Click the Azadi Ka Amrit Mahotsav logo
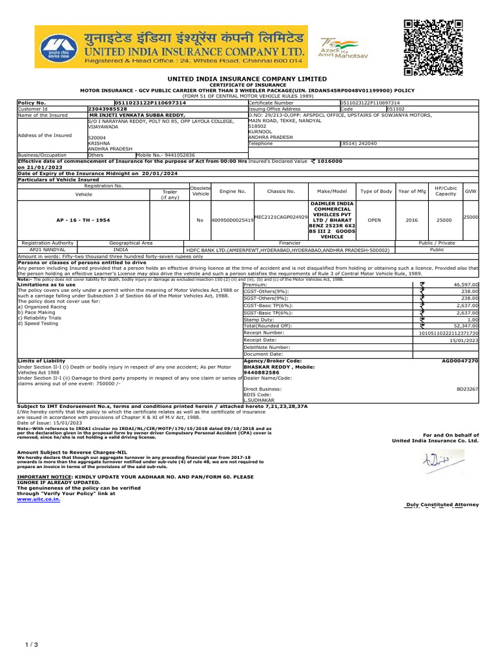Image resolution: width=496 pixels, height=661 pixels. click(x=336, y=49)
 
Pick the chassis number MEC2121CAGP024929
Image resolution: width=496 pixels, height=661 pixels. click(x=281, y=218)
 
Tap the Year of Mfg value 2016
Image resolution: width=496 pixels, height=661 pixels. click(x=411, y=220)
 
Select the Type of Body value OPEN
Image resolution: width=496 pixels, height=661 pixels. click(x=374, y=220)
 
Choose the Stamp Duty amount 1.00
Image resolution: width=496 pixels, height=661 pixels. click(x=473, y=319)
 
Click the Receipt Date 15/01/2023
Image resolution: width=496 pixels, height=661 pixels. click(x=464, y=340)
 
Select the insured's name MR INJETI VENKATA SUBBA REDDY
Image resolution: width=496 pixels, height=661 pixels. click(x=136, y=115)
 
